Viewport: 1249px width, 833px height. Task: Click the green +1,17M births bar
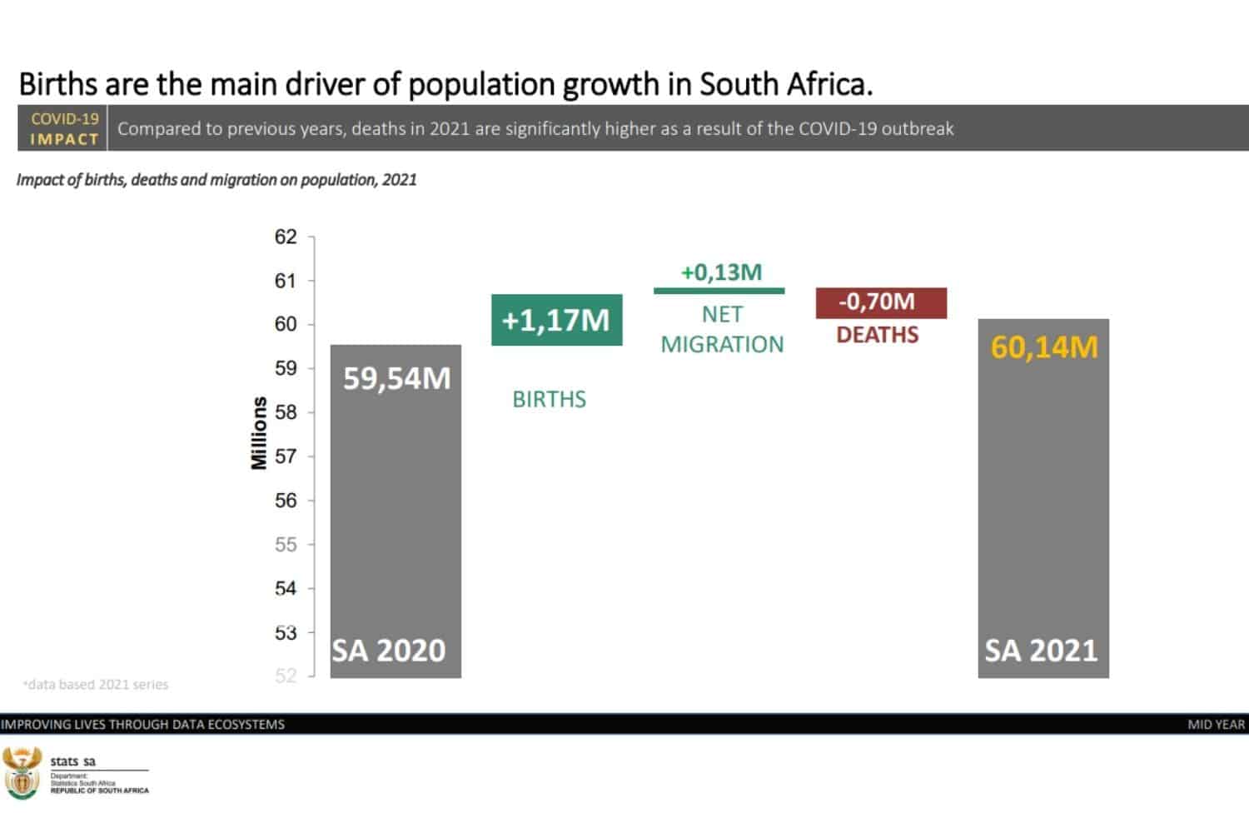click(x=556, y=320)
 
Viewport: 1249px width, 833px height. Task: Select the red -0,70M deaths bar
click(x=880, y=302)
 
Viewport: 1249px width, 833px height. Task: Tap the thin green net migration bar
click(x=719, y=291)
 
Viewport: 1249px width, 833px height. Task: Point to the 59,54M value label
click(x=396, y=378)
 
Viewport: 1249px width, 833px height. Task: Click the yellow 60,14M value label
click(x=1043, y=347)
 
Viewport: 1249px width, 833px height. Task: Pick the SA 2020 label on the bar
click(x=389, y=650)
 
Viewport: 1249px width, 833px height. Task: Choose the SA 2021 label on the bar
click(x=1041, y=650)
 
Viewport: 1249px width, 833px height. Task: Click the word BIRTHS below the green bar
click(x=549, y=400)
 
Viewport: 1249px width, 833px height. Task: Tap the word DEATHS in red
click(x=877, y=335)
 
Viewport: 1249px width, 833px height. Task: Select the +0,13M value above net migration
click(x=721, y=272)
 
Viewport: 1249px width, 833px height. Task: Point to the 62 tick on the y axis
click(x=286, y=237)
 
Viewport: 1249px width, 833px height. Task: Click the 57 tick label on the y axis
click(x=286, y=456)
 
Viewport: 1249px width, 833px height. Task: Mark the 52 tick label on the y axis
click(x=286, y=676)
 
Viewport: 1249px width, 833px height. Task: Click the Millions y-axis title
click(x=259, y=433)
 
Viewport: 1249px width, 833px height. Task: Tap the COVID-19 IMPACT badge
click(x=64, y=128)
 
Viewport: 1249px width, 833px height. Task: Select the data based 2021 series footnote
click(x=96, y=685)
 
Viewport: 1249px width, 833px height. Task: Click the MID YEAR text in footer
click(x=1216, y=725)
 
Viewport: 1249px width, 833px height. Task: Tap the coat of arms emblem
click(x=22, y=772)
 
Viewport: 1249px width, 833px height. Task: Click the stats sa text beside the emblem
click(x=72, y=761)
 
